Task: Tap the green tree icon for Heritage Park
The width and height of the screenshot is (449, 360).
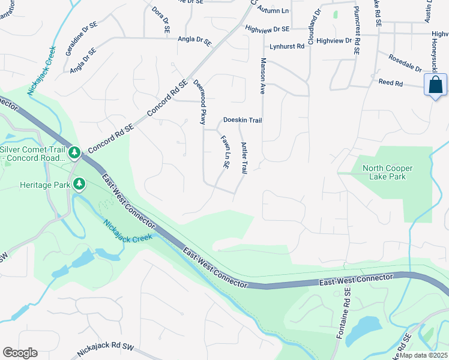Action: click(x=79, y=184)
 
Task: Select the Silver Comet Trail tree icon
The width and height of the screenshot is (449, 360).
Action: click(x=74, y=152)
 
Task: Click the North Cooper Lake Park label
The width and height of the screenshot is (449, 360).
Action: click(x=384, y=172)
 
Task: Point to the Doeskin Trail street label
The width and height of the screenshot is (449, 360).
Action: click(x=243, y=120)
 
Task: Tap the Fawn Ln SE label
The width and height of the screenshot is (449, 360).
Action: click(x=224, y=151)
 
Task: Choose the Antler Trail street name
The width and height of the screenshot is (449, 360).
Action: click(x=244, y=158)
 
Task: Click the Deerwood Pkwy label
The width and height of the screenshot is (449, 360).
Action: click(x=199, y=101)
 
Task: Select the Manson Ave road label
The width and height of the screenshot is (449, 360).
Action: click(x=262, y=76)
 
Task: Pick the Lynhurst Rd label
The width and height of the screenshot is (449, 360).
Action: click(x=287, y=46)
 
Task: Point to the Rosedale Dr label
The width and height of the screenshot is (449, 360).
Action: click(x=405, y=65)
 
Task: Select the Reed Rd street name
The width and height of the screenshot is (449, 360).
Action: click(x=390, y=83)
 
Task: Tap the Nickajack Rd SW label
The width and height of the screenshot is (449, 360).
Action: click(x=106, y=350)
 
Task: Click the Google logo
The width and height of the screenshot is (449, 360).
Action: click(x=20, y=353)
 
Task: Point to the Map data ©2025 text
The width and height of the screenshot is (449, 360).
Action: click(x=423, y=355)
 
